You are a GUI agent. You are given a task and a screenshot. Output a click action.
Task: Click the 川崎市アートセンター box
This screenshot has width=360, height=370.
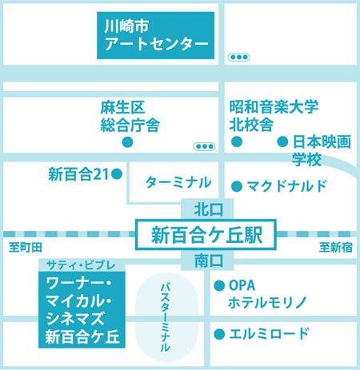[155, 35]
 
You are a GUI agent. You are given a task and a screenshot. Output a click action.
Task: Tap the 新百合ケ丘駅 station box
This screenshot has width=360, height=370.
[206, 235]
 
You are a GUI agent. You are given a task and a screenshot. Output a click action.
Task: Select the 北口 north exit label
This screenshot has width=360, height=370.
[208, 209]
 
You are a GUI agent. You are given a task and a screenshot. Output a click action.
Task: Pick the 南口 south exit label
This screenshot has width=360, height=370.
[208, 261]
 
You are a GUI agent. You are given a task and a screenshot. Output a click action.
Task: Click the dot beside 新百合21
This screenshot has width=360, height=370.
[117, 174]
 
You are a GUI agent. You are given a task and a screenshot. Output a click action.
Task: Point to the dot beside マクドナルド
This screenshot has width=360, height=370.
[237, 186]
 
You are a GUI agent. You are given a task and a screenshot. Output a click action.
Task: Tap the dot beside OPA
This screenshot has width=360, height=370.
[219, 286]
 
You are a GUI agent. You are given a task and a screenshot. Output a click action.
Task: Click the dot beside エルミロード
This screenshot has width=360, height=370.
[219, 334]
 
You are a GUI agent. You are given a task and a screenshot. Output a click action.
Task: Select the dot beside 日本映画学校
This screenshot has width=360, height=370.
[282, 141]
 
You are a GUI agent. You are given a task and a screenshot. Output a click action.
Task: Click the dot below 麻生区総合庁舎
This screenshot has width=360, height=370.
[127, 142]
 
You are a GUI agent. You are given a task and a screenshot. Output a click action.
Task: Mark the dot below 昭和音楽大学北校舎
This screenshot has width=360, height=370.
[237, 141]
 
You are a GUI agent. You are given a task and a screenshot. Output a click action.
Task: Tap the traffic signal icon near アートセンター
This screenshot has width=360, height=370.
[238, 57]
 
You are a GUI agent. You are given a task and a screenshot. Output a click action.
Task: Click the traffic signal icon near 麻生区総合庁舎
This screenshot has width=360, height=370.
[204, 146]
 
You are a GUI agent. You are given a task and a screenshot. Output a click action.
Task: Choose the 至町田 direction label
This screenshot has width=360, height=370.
[26, 248]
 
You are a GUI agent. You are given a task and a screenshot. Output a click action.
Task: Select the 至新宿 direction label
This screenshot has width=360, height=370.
[336, 248]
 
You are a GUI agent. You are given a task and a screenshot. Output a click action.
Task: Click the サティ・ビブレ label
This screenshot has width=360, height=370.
[81, 265]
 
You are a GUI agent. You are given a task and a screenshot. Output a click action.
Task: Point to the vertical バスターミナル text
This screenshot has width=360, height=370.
[166, 317]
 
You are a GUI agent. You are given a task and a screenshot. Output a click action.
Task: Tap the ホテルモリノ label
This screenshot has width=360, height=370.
[267, 303]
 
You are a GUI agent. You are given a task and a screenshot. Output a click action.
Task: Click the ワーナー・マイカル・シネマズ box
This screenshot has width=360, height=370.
[82, 310]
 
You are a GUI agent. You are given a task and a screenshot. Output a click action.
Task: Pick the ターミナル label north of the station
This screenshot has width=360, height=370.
[178, 183]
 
